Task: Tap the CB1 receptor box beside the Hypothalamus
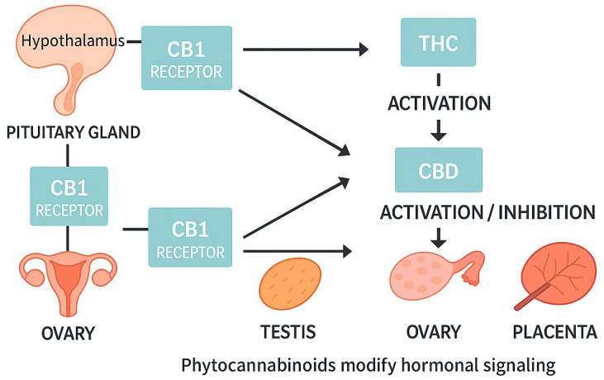(187, 57)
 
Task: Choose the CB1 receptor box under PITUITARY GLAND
(69, 197)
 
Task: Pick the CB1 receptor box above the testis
(190, 239)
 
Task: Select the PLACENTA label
(554, 334)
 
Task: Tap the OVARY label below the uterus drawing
(69, 334)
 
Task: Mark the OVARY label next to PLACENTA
(433, 334)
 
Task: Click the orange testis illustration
(288, 286)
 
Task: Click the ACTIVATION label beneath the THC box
(438, 104)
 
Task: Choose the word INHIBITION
(545, 212)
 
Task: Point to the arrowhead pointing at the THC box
(363, 50)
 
